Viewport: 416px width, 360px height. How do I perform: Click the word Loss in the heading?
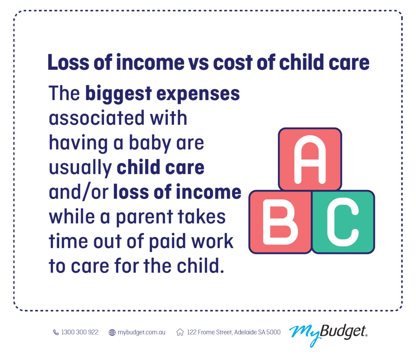pos(68,62)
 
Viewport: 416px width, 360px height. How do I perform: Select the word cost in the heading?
pos(233,63)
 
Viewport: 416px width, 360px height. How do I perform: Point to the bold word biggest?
pos(119,94)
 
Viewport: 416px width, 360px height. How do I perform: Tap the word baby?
pos(150,143)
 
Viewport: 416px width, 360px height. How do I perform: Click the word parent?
pos(144,217)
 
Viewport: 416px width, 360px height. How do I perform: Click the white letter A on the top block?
pos(310,159)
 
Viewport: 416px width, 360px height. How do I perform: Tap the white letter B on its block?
pos(280,222)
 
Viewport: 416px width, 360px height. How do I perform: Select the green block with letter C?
pos(343,222)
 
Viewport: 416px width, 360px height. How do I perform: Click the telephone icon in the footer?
pos(56,332)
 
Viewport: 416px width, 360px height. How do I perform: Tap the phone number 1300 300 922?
pos(80,332)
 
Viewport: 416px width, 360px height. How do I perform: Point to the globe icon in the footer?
pos(112,332)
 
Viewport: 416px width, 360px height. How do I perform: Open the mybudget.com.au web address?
pos(141,332)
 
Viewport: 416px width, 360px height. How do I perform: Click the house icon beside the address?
pos(180,332)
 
